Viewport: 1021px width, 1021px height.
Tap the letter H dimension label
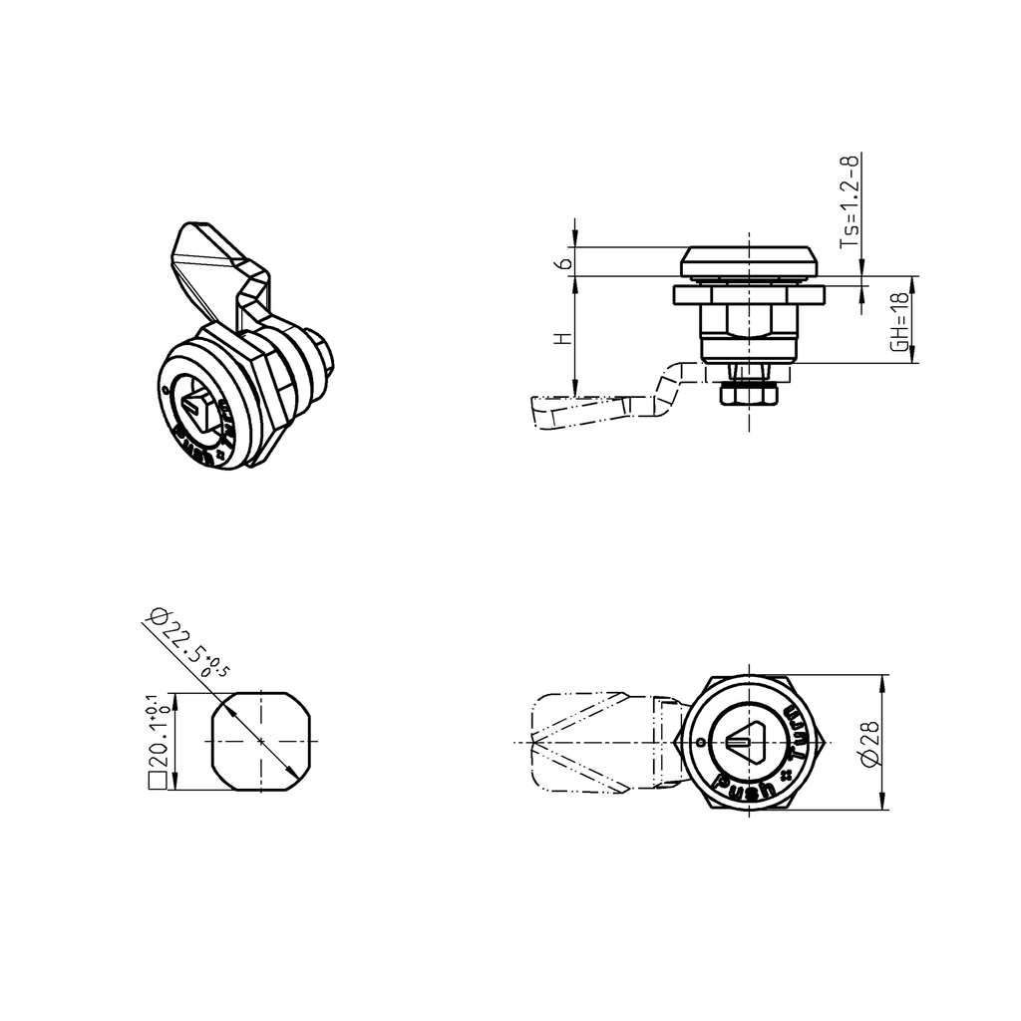pyautogui.click(x=565, y=339)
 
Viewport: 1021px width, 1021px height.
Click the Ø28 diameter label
pyautogui.click(x=868, y=744)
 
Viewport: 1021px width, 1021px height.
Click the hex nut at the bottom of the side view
pyautogui.click(x=748, y=395)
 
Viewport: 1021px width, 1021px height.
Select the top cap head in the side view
pyautogui.click(x=748, y=262)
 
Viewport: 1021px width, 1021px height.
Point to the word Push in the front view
pyautogui.click(x=749, y=788)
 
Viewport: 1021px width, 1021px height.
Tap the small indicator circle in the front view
pyautogui.click(x=702, y=743)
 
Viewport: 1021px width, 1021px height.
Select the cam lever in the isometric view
pyautogui.click(x=214, y=264)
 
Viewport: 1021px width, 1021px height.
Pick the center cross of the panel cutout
pyautogui.click(x=261, y=741)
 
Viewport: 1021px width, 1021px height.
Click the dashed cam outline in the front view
pyautogui.click(x=588, y=743)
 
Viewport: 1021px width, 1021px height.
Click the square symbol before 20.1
pyautogui.click(x=156, y=783)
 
